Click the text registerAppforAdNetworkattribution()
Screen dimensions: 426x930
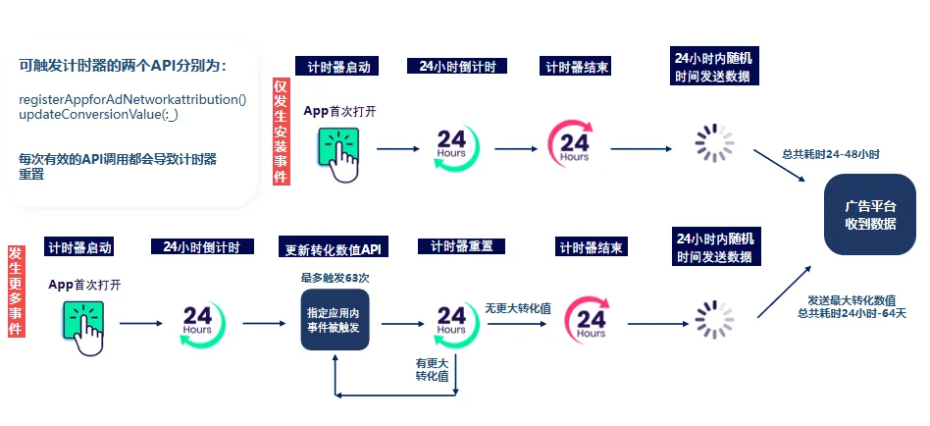click(132, 100)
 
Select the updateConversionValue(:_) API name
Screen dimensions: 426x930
click(98, 115)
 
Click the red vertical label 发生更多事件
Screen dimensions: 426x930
click(16, 292)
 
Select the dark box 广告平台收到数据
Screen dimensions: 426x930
click(870, 215)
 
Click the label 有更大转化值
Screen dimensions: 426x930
click(433, 369)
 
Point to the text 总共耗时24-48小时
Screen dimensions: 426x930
click(831, 154)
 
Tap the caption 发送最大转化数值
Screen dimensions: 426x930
click(851, 299)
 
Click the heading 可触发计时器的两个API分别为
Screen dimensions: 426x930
click(123, 66)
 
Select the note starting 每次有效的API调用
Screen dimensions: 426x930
click(118, 165)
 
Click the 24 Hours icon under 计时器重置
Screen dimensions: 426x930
click(452, 320)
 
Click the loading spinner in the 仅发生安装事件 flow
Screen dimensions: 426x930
click(714, 144)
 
